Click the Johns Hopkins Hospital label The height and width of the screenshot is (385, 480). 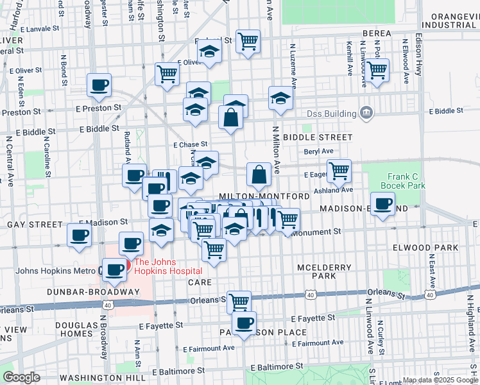[168, 266]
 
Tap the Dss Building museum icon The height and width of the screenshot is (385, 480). [366, 113]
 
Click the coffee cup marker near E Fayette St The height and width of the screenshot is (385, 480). [244, 323]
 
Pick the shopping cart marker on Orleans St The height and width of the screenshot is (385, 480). [239, 300]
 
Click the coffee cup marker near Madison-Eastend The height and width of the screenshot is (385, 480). [383, 205]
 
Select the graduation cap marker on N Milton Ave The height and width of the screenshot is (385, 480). [280, 98]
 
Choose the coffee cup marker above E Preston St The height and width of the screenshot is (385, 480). [99, 85]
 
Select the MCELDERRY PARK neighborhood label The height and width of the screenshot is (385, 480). [316, 271]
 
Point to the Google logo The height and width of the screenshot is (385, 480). [21, 377]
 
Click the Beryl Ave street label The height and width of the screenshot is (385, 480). [319, 151]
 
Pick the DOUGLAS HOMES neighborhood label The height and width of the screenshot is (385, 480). [76, 330]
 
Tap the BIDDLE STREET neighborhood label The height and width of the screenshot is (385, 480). [318, 137]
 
